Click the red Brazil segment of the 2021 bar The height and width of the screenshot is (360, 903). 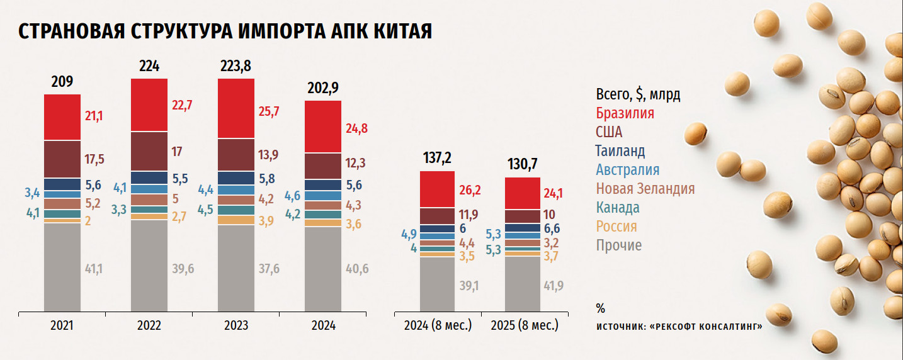click(62, 117)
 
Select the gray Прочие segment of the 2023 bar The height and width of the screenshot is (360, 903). click(236, 268)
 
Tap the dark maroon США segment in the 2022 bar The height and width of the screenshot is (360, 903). click(149, 152)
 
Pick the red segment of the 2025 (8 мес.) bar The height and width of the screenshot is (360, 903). click(523, 193)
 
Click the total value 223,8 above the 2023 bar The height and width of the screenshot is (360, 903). click(237, 66)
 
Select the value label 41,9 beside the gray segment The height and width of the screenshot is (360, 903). click(554, 286)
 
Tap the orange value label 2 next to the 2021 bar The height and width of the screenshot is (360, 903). click(87, 221)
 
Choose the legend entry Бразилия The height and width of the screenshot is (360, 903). click(625, 113)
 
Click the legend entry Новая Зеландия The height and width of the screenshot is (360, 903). click(645, 189)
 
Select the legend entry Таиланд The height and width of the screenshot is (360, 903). click(620, 151)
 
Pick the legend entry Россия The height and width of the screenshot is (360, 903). click(616, 227)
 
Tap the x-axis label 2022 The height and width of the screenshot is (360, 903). click(149, 326)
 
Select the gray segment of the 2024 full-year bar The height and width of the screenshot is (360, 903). click(323, 269)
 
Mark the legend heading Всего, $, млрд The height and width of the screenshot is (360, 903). click(638, 95)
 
